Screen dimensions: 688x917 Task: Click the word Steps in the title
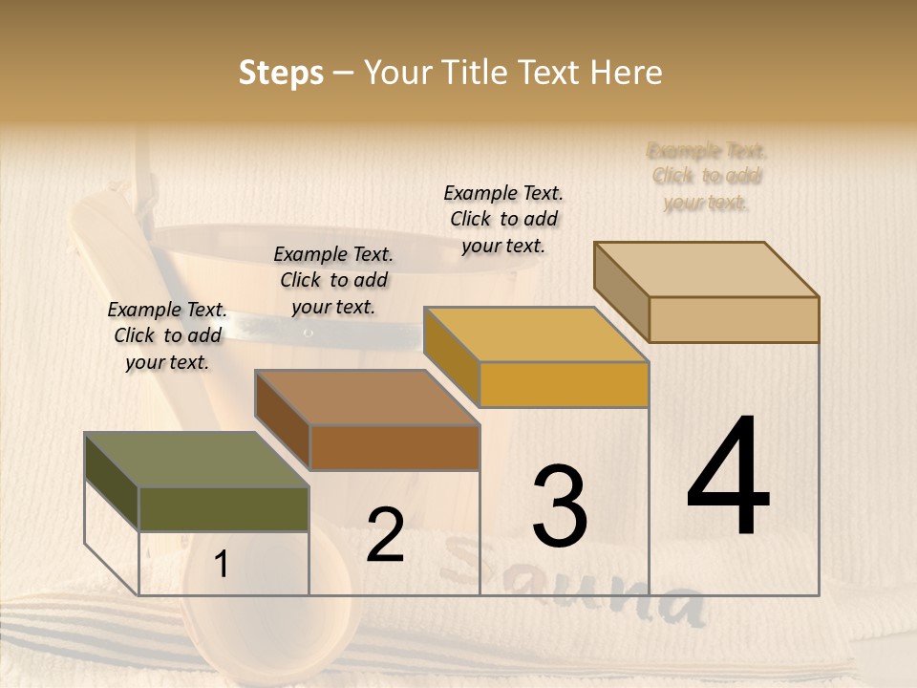(281, 73)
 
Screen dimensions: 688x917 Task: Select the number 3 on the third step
(559, 505)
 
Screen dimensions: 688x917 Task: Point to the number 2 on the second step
(385, 535)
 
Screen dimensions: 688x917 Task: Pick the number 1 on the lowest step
(221, 565)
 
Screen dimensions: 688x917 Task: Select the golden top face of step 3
(536, 334)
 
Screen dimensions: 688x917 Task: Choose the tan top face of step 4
(706, 269)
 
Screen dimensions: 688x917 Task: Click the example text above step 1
(167, 335)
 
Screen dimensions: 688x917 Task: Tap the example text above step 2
(333, 280)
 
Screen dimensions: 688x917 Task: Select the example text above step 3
(503, 219)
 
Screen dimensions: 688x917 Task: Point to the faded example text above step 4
(707, 176)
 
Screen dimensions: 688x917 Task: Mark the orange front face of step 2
(395, 447)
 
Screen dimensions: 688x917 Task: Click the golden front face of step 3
(564, 385)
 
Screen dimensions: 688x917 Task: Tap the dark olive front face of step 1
(224, 508)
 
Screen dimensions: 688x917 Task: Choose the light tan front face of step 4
(734, 319)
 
